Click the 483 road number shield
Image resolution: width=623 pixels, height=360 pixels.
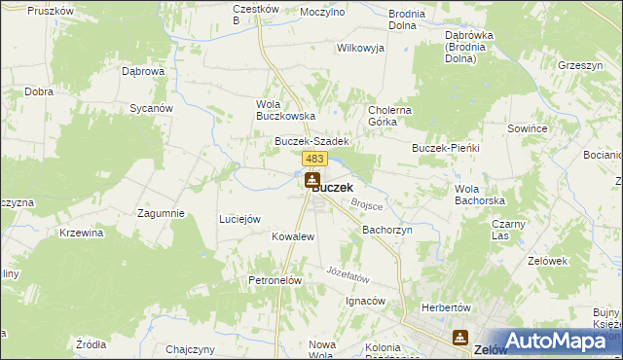click(313, 159)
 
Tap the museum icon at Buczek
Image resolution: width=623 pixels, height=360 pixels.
click(311, 180)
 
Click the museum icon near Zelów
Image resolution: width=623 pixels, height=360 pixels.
click(459, 338)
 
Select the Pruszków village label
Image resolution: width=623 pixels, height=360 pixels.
click(53, 11)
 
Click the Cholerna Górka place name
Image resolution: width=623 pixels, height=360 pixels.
click(389, 116)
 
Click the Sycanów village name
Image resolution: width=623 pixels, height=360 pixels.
click(151, 108)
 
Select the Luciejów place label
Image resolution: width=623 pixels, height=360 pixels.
click(239, 219)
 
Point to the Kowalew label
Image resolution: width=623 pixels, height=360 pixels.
click(293, 236)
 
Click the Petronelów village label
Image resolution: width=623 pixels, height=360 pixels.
click(277, 280)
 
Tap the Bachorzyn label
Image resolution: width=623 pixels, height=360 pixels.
click(388, 230)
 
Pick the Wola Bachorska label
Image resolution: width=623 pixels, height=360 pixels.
click(476, 194)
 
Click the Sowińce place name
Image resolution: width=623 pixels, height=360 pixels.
click(527, 127)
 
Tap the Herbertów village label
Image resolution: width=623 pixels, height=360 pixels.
click(446, 307)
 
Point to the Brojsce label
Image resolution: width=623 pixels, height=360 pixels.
click(367, 205)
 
